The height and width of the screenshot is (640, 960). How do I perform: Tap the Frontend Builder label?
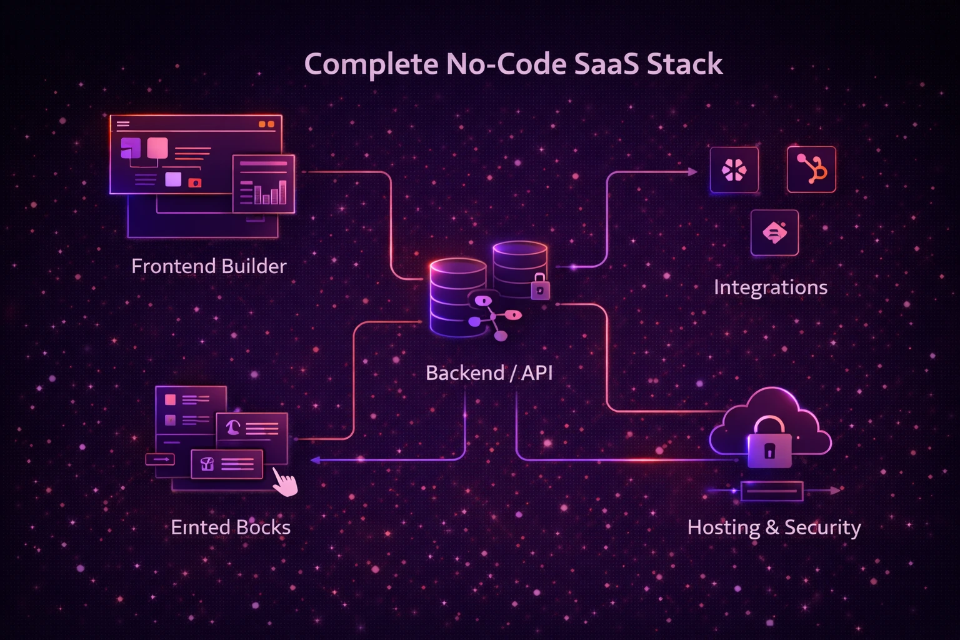(x=209, y=266)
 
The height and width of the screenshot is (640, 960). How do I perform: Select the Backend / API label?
(x=489, y=373)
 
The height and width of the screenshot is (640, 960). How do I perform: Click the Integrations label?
(x=770, y=287)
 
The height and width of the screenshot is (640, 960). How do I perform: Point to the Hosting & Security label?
(x=774, y=527)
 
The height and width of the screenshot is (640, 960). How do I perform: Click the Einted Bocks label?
(x=231, y=527)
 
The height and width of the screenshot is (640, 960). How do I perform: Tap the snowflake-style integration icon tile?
(x=734, y=170)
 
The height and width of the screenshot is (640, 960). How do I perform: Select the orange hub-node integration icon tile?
(x=811, y=169)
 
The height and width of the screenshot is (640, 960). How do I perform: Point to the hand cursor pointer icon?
(x=285, y=483)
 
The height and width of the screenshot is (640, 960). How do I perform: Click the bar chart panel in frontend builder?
(x=263, y=184)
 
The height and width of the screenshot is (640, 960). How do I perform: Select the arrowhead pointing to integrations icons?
(x=692, y=171)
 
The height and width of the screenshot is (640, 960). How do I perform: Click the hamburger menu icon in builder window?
(x=123, y=124)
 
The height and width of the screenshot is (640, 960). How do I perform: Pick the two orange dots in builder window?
(x=266, y=124)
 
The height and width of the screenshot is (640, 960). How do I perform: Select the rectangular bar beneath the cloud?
(x=771, y=491)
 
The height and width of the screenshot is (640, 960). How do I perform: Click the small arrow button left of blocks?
(x=160, y=459)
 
